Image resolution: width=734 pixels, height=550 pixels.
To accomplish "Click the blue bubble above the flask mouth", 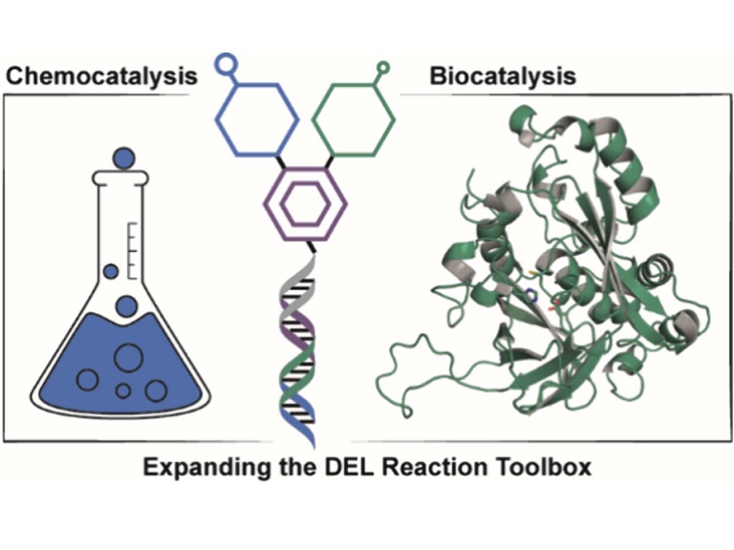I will coord(123,156).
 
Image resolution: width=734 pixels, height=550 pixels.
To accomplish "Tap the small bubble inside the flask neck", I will coord(111,271).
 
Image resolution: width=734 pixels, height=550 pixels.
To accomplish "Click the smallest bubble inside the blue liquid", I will coord(123,390).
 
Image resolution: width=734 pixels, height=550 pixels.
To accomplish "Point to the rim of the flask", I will coord(122,177).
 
